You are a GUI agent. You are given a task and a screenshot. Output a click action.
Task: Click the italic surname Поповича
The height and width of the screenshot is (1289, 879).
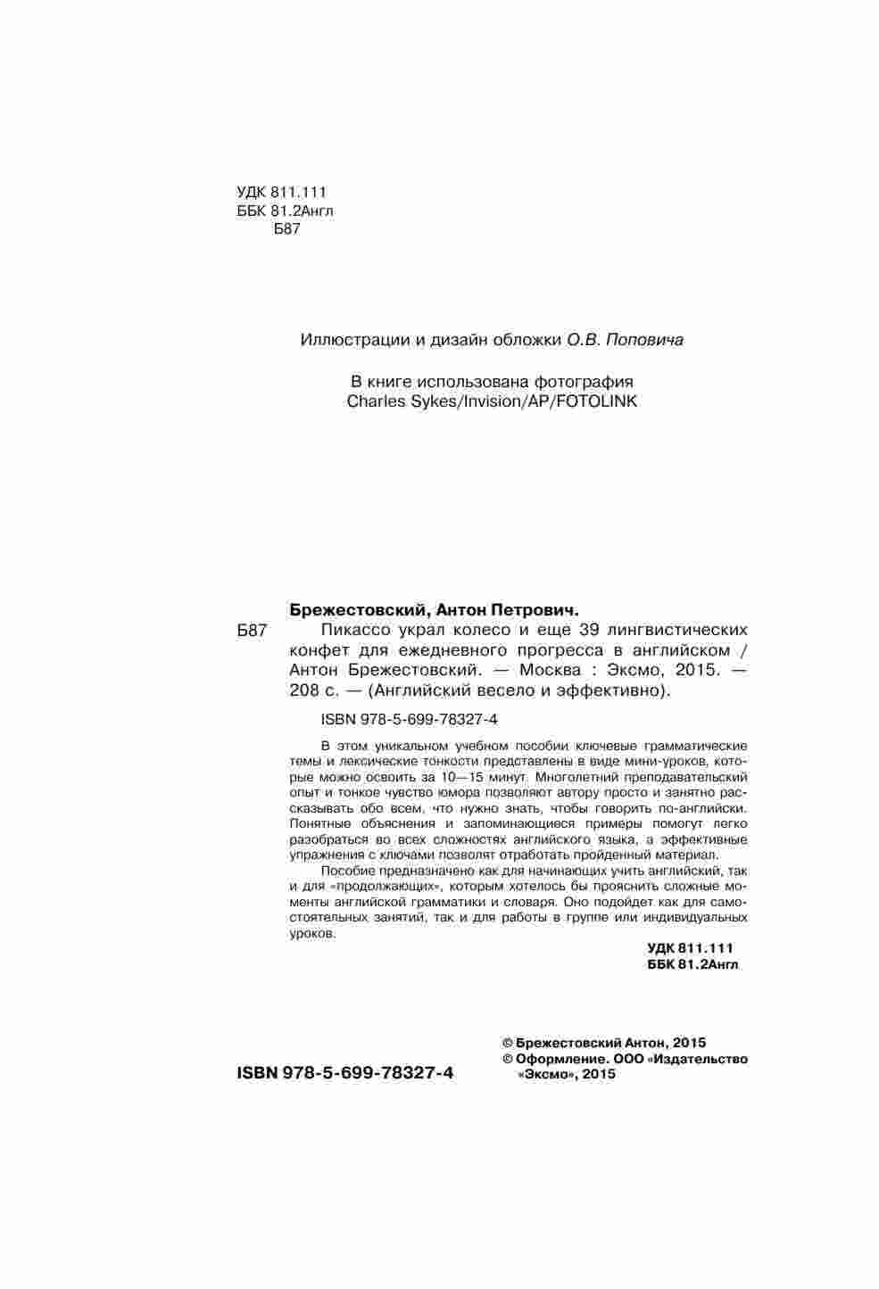646,340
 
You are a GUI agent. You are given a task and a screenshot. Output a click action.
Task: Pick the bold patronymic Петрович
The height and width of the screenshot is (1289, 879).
534,611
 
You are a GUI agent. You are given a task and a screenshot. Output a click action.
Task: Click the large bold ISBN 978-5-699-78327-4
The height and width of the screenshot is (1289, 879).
344,1073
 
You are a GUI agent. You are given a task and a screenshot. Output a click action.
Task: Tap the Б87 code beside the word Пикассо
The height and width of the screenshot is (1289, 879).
253,632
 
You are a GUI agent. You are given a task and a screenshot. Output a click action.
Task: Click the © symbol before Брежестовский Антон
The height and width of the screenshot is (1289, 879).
508,1042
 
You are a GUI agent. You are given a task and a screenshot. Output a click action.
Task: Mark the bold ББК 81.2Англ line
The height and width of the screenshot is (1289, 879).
692,964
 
